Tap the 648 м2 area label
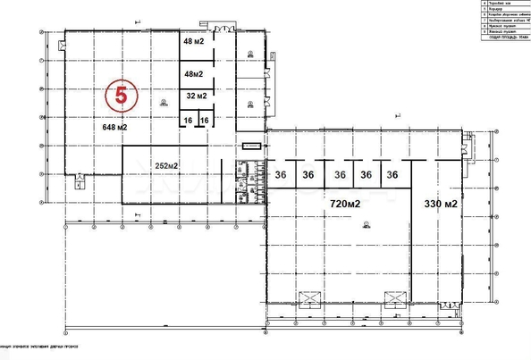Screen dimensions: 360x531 114,129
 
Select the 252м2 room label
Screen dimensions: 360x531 167,166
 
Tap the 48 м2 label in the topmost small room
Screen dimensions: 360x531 194,41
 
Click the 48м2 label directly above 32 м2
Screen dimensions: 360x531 194,74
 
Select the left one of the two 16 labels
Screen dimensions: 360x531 188,120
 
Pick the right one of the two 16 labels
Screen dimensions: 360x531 204,120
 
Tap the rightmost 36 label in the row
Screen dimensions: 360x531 391,175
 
